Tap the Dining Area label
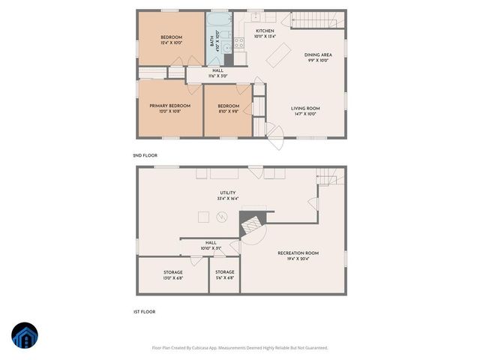tap(317, 58)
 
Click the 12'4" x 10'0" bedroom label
tap(171, 40)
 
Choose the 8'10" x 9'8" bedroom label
tap(229, 109)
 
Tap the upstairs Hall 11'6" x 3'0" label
tap(217, 73)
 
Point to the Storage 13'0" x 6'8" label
tap(173, 274)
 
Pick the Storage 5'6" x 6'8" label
tap(225, 274)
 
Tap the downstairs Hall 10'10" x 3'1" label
tap(211, 245)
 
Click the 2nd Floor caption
tap(144, 155)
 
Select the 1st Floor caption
tap(144, 310)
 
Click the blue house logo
tap(23, 337)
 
